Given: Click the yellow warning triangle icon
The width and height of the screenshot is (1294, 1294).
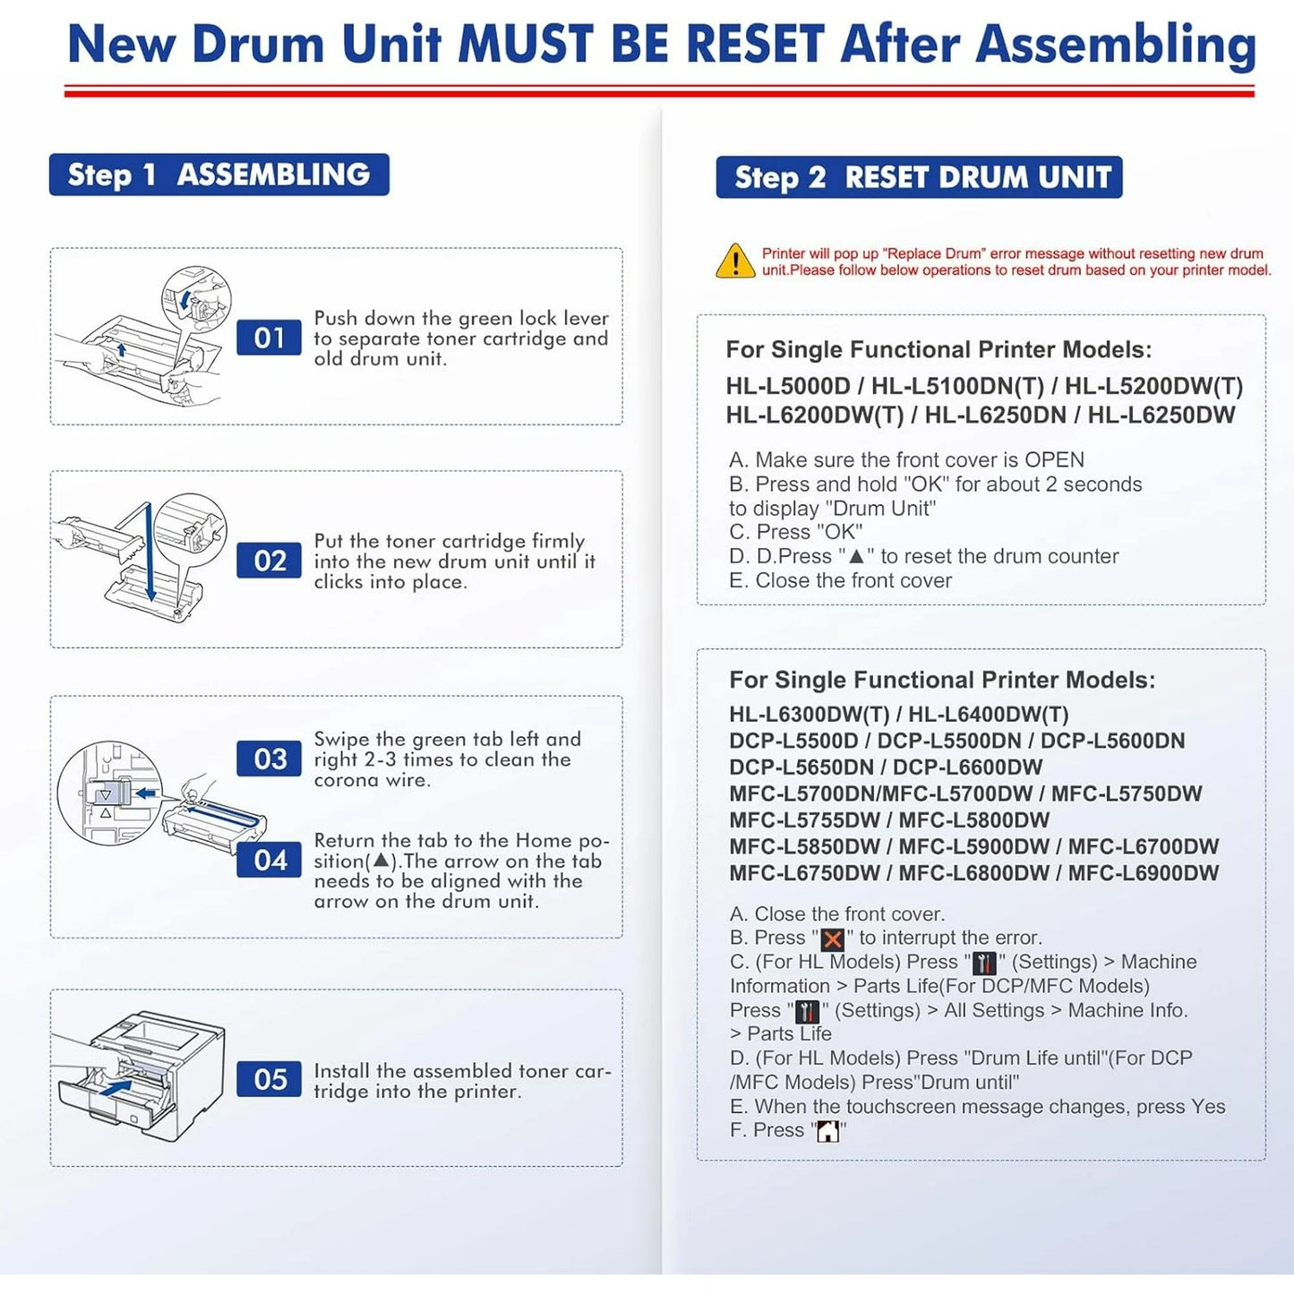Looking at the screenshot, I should coord(735,261).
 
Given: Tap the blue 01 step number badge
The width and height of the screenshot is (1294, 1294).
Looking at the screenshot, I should coord(269,338).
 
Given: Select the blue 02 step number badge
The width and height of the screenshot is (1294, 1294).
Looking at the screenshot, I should coord(269,561).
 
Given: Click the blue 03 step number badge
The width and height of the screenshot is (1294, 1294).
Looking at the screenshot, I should coord(269,759).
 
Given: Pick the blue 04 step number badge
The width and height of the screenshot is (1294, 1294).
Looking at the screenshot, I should coord(269,861).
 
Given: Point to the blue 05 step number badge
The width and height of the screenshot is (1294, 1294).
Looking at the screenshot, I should coord(269,1080).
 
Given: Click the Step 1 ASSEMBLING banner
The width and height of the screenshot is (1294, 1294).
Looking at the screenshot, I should coord(219,175).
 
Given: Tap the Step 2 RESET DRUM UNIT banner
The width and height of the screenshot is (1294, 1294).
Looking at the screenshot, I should coord(919,177).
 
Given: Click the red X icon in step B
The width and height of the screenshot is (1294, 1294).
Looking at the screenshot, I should coord(833,939).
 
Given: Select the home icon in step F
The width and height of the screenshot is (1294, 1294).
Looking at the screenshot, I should coord(828,1132).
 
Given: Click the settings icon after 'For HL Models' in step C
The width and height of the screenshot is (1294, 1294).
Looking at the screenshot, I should coord(984,964).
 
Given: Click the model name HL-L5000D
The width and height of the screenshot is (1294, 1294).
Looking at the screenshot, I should coord(788,387).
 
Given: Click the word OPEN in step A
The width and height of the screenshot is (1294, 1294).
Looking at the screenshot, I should coord(1054,460).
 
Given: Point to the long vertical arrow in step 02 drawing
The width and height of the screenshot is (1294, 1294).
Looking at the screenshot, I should coord(149,551).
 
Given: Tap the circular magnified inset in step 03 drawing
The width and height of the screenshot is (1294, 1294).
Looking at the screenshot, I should coord(109,792).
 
